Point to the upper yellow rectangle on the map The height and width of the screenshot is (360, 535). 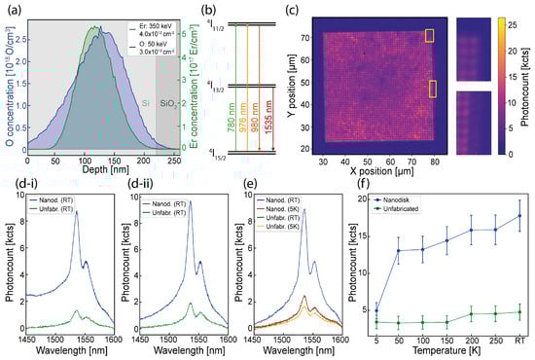pos(430,36)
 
